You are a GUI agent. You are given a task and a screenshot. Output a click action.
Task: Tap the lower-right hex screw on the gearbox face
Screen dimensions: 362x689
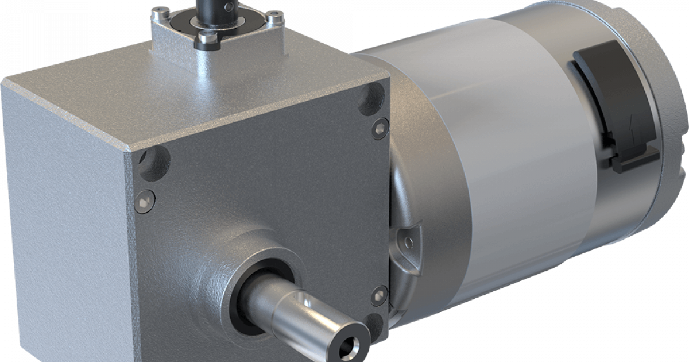click(x=379, y=294)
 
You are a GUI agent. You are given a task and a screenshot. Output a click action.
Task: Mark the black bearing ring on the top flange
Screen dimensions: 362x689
click(x=175, y=29)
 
